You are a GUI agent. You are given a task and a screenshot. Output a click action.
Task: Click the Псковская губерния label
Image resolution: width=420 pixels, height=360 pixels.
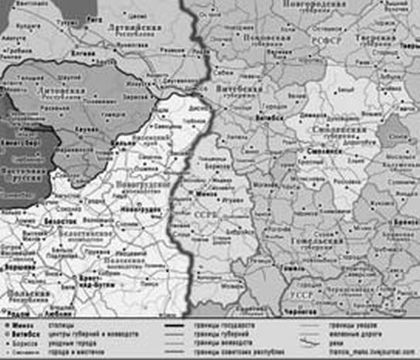tap(266, 40)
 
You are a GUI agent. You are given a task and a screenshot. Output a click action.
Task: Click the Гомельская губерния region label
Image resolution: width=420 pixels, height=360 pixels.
tap(315, 246)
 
